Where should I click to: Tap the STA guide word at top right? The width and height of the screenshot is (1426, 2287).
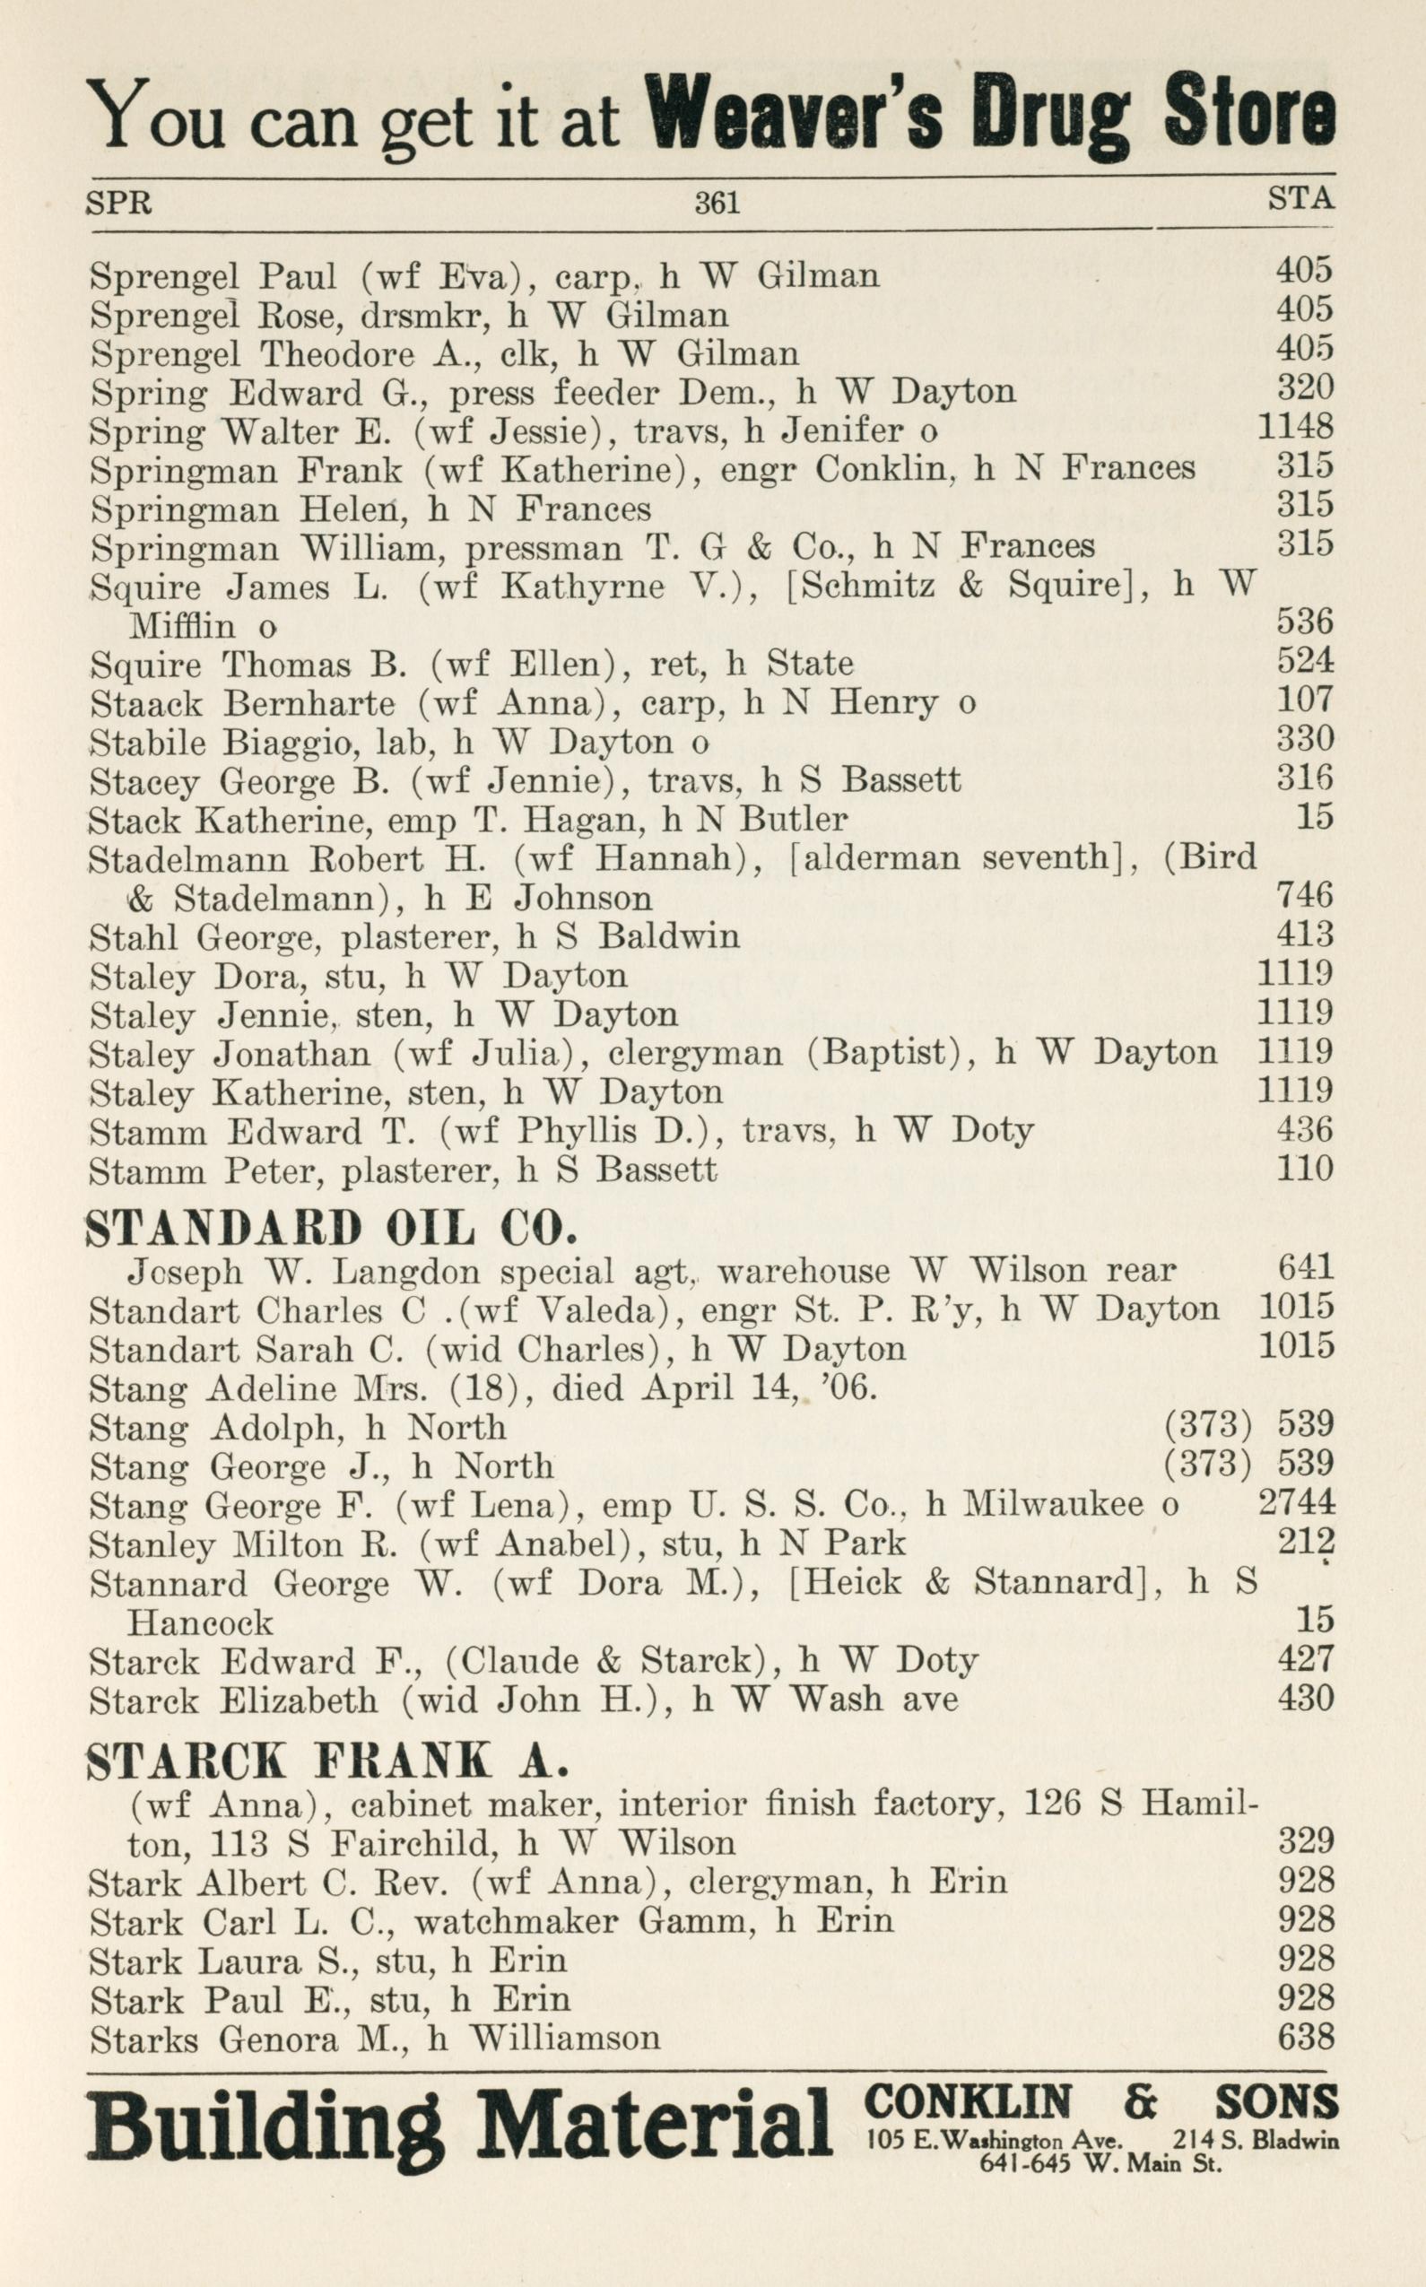tap(1300, 198)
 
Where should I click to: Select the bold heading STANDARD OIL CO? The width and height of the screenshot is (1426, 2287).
tap(330, 1229)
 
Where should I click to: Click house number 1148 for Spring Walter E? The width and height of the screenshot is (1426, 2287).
tap(1296, 427)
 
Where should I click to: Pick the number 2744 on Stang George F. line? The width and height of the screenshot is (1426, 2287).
tap(1297, 1502)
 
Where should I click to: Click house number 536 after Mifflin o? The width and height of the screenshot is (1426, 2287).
tap(1305, 622)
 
